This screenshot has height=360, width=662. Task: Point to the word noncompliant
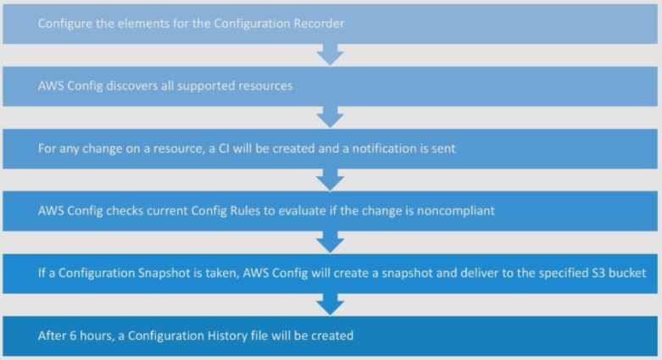click(458, 211)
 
